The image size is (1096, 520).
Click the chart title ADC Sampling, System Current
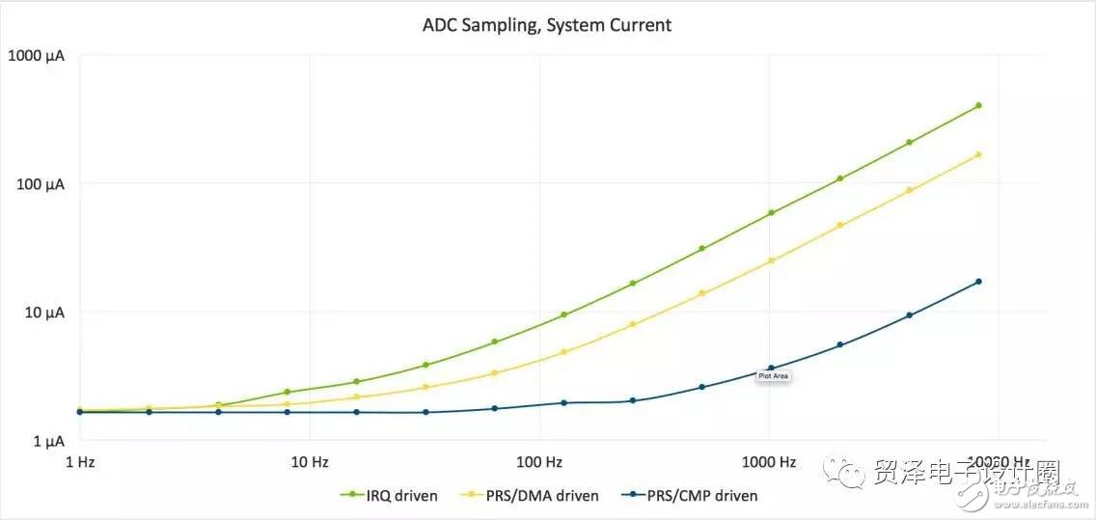pyautogui.click(x=546, y=25)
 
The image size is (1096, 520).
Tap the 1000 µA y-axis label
pyautogui.click(x=36, y=55)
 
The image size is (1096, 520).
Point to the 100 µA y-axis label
pyautogui.click(x=39, y=183)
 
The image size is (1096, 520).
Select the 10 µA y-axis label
pyautogui.click(x=41, y=312)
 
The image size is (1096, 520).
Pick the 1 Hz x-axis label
pyautogui.click(x=79, y=462)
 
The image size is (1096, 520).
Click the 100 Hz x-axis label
pyautogui.click(x=539, y=462)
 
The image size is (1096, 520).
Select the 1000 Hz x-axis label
pyautogui.click(x=769, y=462)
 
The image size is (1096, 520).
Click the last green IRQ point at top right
pyautogui.click(x=978, y=105)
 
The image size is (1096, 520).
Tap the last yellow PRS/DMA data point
pyautogui.click(x=978, y=154)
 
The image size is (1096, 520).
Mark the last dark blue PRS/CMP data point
pyautogui.click(x=978, y=282)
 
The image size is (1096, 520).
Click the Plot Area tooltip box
pyautogui.click(x=774, y=376)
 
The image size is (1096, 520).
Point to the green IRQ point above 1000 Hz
pyautogui.click(x=771, y=213)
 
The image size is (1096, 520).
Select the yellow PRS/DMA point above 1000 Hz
pyautogui.click(x=771, y=260)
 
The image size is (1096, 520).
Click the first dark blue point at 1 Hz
pyautogui.click(x=80, y=412)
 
